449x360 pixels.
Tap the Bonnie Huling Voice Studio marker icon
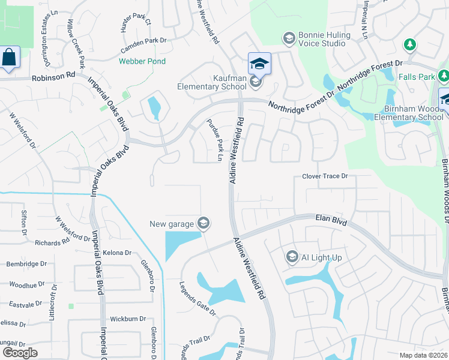289,39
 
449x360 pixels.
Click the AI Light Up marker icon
292,257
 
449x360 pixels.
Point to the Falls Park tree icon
410,44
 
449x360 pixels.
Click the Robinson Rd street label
54,77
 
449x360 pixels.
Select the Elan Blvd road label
331,222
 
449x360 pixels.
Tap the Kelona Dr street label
116,253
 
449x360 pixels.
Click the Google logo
20,353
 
